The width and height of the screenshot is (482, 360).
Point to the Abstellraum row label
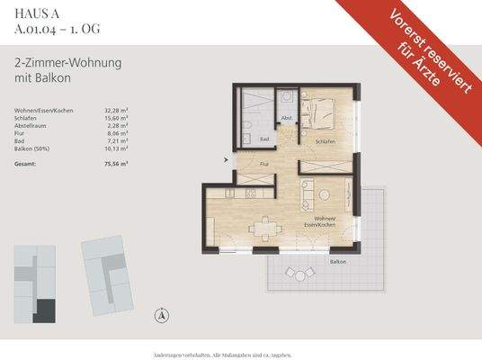click(31, 125)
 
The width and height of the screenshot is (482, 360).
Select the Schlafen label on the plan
click(326, 142)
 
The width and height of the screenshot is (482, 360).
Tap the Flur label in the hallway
click(264, 165)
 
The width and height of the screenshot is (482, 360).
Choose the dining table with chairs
click(263, 228)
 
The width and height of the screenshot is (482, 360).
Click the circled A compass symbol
click(161, 314)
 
